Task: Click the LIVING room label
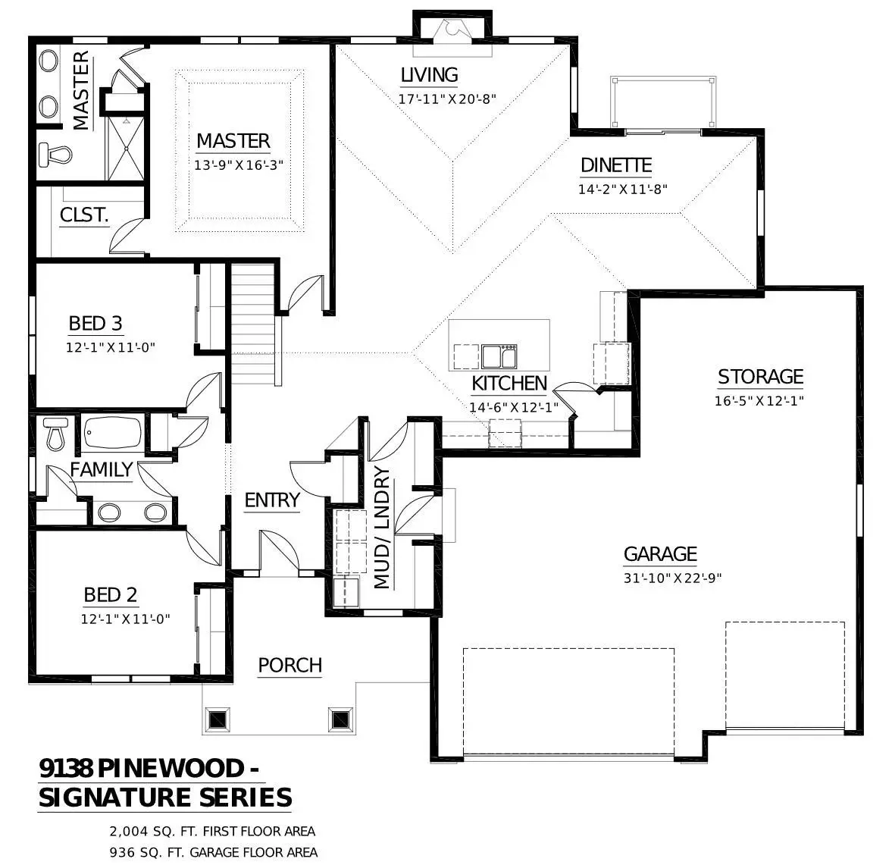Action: coord(430,74)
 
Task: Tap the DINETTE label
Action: coord(616,165)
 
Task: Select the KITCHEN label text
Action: coord(509,384)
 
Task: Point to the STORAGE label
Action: coord(760,377)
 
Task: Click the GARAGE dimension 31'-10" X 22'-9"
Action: coord(672,578)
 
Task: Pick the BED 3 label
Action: coord(95,323)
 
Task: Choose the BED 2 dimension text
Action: coord(126,619)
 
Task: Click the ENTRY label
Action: coord(272,500)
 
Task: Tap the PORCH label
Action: coord(290,666)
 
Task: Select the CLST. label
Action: coord(84,215)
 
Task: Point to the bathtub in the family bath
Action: coord(113,432)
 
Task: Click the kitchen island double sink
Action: coord(499,357)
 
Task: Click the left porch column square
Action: coord(218,720)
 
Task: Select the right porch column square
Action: coord(341,720)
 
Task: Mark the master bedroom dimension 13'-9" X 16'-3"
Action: coord(239,165)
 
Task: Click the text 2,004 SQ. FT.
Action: coord(154,832)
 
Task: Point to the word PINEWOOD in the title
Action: coord(171,769)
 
